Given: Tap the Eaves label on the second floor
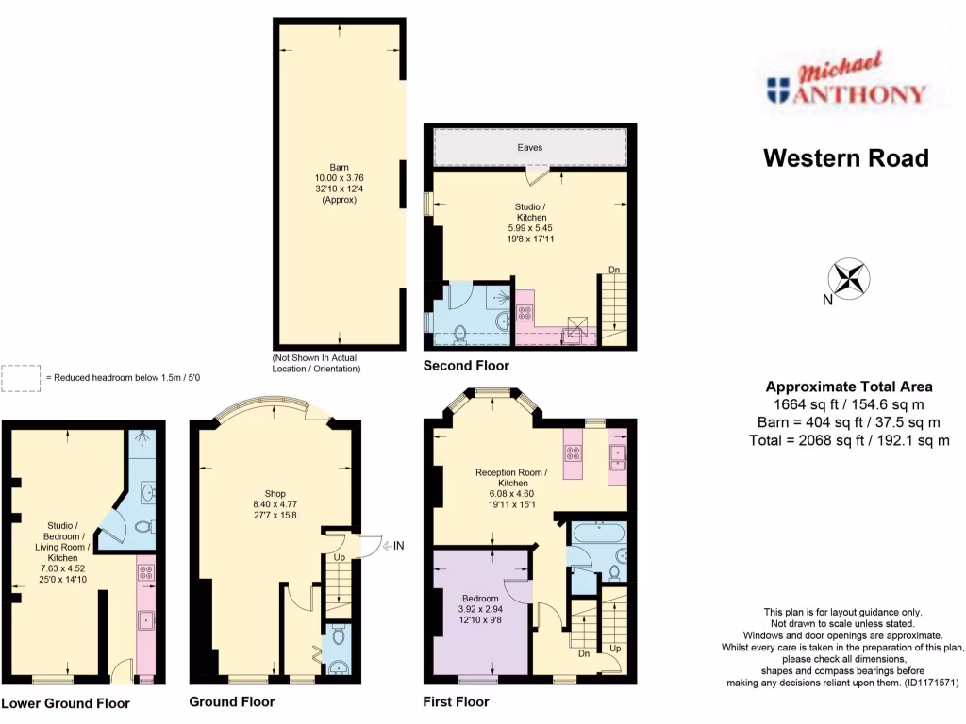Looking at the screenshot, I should [529, 148].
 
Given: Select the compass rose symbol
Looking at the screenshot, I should [849, 279].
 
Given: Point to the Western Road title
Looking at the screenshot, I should [845, 157].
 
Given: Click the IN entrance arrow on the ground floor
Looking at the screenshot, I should [393, 544].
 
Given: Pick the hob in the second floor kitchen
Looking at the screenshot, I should [525, 314].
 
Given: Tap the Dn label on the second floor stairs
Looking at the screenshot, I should [614, 271].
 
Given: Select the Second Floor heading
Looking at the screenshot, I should [466, 365].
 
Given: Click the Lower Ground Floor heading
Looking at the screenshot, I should [65, 703].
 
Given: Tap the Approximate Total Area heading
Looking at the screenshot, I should [848, 387].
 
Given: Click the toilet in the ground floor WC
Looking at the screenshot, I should [340, 634].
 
